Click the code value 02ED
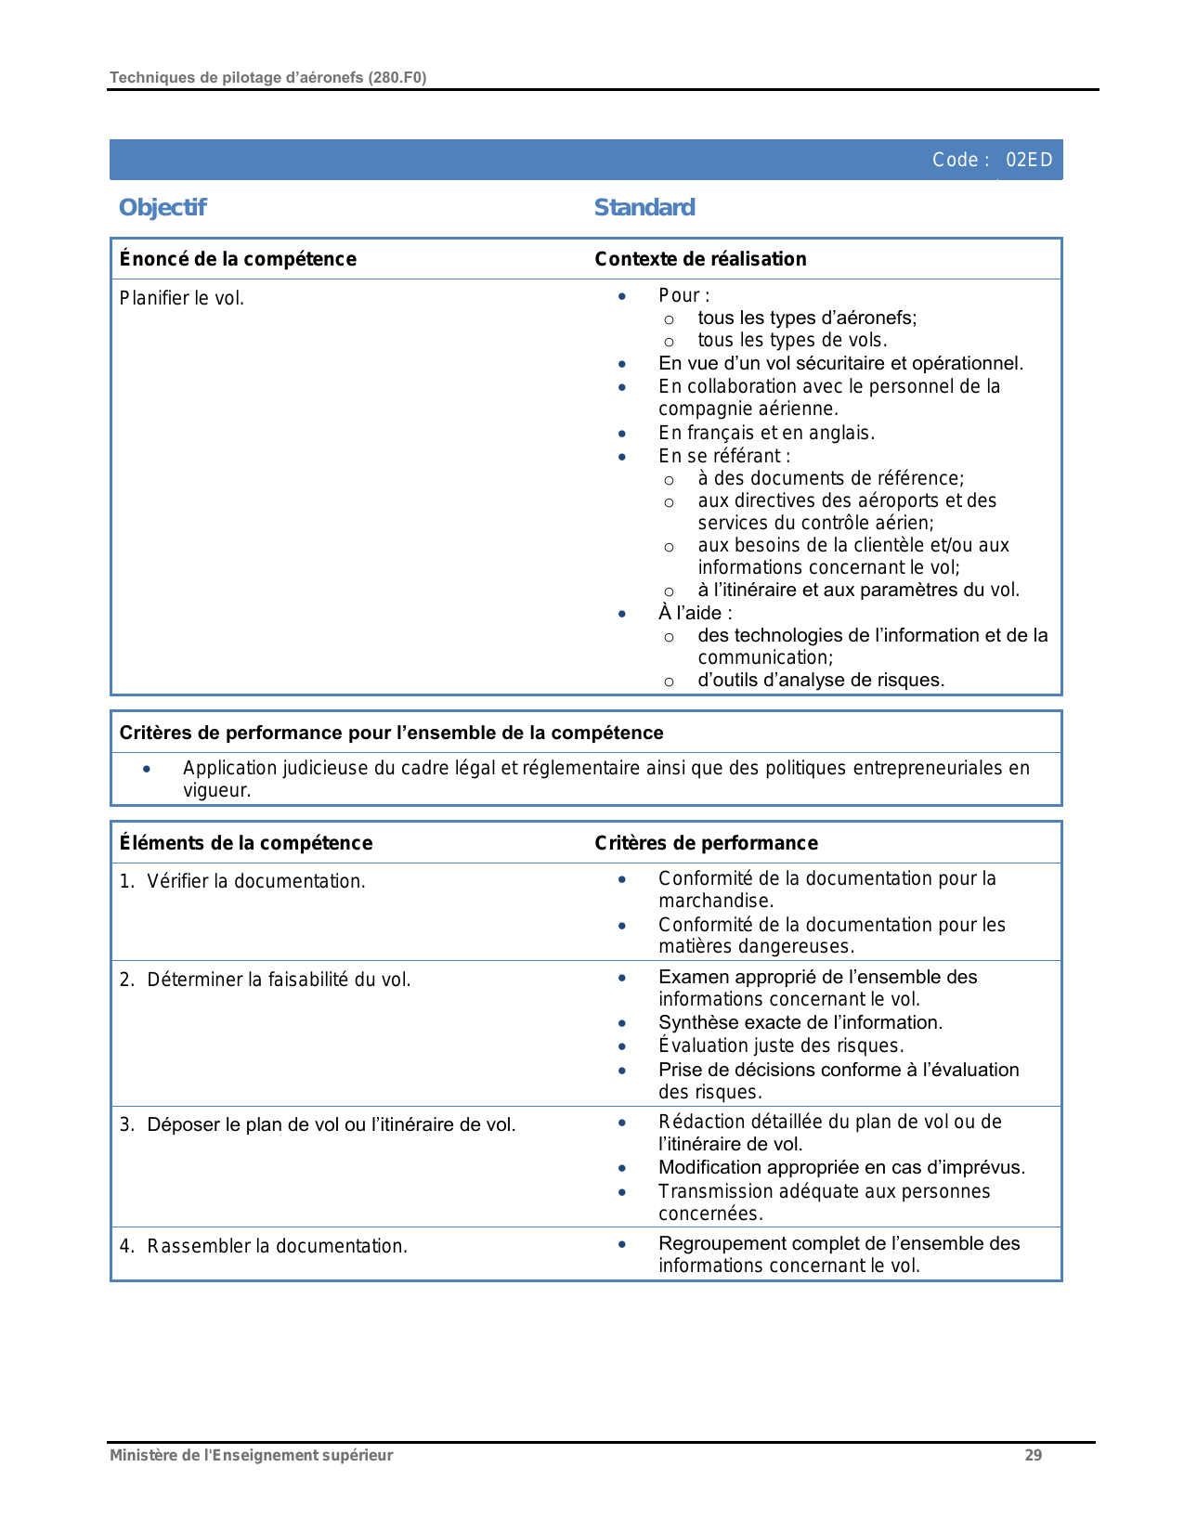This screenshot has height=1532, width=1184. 1029,160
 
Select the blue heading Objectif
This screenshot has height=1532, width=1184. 163,207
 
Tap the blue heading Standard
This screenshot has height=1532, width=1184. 644,207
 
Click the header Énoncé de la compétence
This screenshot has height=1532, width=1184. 238,259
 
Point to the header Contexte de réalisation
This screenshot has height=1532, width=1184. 700,259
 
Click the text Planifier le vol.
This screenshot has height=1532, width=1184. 182,298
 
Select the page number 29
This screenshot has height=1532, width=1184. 1033,1455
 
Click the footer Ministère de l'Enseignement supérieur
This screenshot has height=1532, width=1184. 251,1455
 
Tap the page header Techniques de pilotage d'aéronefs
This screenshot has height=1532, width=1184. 267,77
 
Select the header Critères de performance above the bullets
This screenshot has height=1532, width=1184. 706,843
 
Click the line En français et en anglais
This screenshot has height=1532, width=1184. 766,433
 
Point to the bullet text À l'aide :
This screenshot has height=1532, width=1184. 695,613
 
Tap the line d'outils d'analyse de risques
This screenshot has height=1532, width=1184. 821,680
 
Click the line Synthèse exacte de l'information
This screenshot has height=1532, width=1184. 800,1022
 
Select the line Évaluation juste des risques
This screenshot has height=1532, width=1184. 781,1045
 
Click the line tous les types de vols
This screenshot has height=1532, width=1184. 792,340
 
